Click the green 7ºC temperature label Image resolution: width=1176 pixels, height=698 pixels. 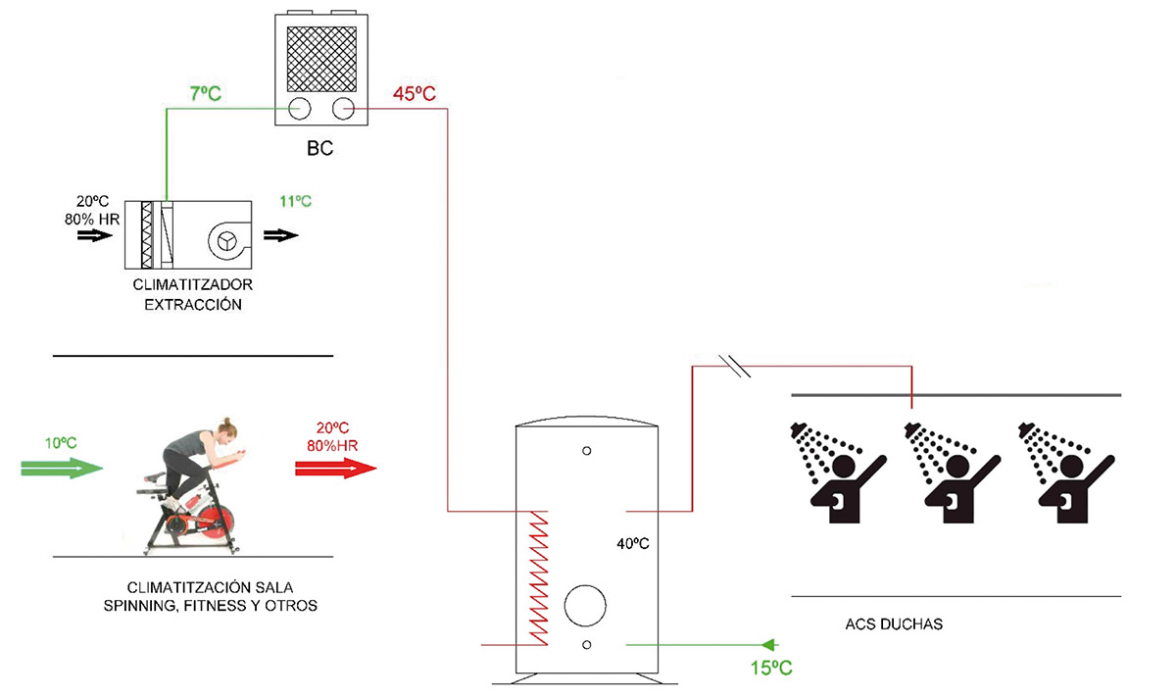pos(205,93)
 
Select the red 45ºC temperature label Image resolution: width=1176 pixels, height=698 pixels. pos(415,93)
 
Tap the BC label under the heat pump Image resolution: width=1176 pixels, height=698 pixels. pos(319,148)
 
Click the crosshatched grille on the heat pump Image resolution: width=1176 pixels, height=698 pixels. pos(321,59)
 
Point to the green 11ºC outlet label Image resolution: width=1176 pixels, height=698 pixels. pos(296,201)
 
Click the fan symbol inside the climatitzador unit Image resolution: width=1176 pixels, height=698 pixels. pos(227,241)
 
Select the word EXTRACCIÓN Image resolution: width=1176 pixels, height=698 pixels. pos(193,305)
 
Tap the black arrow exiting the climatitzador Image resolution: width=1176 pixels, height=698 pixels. pos(281,235)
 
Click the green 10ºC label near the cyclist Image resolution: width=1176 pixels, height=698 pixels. pos(61,443)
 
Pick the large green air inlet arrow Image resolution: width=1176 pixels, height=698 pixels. pos(62,468)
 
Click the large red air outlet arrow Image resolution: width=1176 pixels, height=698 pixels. pos(336,468)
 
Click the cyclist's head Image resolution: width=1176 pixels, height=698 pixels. pos(227,429)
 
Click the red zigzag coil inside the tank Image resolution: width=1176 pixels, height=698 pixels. pos(539,577)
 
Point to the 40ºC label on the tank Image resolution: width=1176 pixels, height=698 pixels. pos(633,543)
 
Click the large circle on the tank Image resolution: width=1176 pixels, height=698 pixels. pos(585,606)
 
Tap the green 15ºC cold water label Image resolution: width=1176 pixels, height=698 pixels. pos(771,668)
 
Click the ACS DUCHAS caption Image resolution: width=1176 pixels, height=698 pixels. pos(894,623)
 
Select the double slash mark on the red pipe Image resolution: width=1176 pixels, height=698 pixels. pos(734,366)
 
